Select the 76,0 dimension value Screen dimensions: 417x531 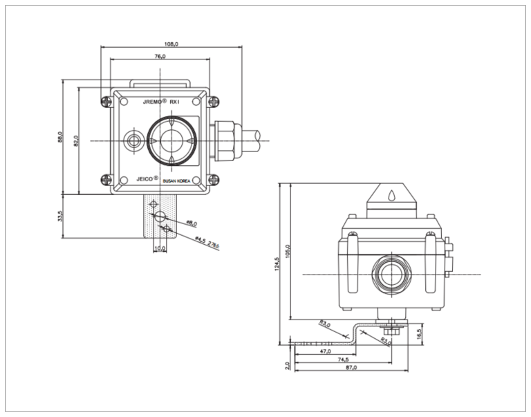pos(160,56)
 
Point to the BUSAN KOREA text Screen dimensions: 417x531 pos(180,180)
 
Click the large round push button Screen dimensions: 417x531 pos(169,140)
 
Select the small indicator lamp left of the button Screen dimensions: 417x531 pos(132,141)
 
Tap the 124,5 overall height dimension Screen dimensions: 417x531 pos(277,264)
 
